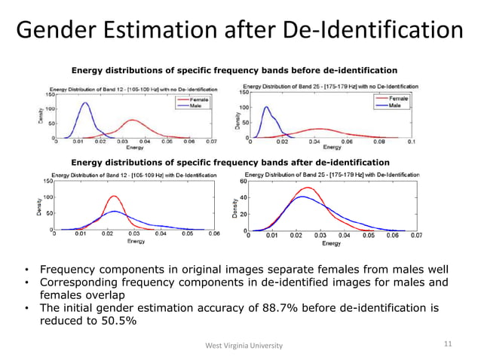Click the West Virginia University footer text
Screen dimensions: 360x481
(244, 345)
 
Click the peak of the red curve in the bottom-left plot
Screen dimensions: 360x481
(114, 197)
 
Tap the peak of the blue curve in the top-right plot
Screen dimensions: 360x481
(266, 107)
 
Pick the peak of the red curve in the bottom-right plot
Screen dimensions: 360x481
(307, 188)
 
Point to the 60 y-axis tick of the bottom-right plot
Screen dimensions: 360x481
(243, 182)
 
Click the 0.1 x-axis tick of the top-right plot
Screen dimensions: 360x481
(409, 142)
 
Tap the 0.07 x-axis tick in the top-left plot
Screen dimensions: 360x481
(211, 141)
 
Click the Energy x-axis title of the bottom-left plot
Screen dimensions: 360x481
(136, 241)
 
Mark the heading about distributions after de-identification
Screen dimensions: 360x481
(230, 162)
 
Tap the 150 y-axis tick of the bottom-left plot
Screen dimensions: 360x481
(47, 181)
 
